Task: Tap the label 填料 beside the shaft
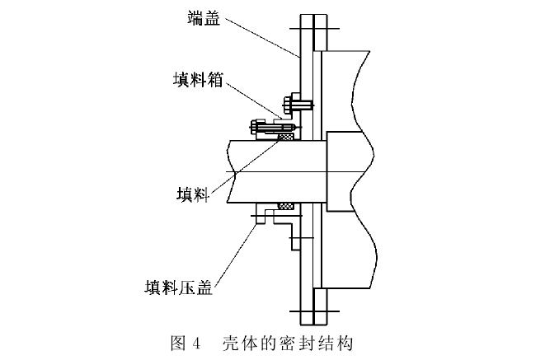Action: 192,194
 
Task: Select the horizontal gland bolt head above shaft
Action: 254,128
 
